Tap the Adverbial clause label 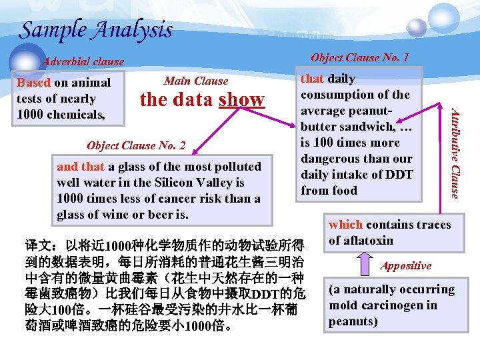(x=83, y=61)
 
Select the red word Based (x=33, y=83)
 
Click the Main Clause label (x=196, y=81)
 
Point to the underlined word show (x=241, y=99)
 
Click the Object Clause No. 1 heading (x=360, y=57)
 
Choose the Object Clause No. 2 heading (x=136, y=145)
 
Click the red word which (x=345, y=225)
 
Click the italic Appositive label (x=406, y=265)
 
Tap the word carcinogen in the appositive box (x=389, y=305)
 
